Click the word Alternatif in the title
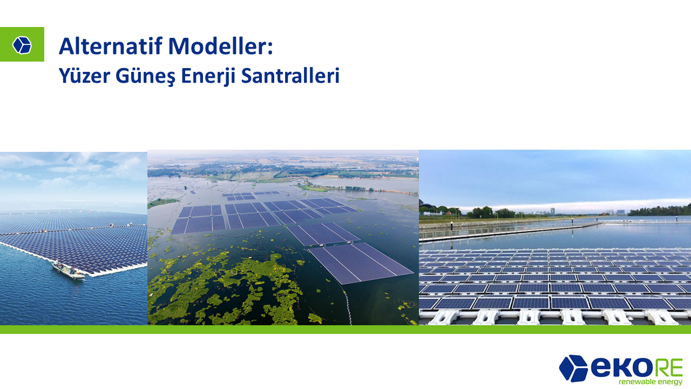tap(111, 46)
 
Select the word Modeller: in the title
tap(221, 46)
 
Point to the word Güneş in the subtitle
tap(145, 76)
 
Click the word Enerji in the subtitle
tap(208, 76)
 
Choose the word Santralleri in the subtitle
tap(290, 76)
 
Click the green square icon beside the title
tap(22, 44)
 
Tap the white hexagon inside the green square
tap(22, 45)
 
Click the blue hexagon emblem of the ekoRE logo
tap(573, 368)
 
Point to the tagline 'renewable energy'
tap(651, 382)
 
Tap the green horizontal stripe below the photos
tap(345, 329)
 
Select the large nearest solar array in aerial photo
tap(361, 263)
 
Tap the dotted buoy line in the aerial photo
tap(347, 304)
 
